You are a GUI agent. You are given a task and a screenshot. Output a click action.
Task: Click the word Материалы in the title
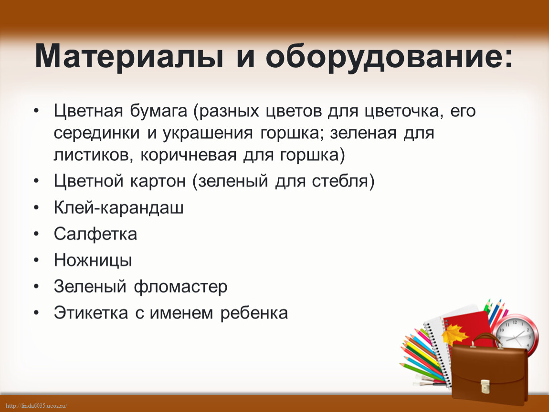[x=129, y=56]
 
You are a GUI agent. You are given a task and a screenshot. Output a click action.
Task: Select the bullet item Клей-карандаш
[x=119, y=208]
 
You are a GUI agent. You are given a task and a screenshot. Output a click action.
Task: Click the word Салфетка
[x=95, y=234]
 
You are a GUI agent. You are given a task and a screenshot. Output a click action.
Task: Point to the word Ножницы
[x=93, y=260]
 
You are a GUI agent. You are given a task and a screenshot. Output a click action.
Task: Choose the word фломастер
[x=180, y=287]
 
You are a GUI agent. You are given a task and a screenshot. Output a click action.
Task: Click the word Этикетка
[x=91, y=313]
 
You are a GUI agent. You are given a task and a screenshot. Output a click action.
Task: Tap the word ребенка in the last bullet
[x=254, y=313]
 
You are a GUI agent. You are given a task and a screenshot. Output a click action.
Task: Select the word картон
[x=158, y=182]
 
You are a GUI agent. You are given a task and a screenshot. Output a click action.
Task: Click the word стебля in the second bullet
[x=343, y=181]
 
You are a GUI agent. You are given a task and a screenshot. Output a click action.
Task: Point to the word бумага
[x=158, y=112]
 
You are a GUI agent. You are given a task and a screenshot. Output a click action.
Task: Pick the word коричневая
[x=189, y=155]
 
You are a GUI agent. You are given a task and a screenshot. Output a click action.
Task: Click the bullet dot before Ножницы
[x=36, y=260]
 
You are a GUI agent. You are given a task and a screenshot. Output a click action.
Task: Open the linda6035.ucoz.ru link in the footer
[x=36, y=406]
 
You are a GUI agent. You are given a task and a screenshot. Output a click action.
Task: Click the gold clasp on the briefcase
[x=485, y=386]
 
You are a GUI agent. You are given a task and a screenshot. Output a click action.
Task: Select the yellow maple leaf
[x=454, y=333]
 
